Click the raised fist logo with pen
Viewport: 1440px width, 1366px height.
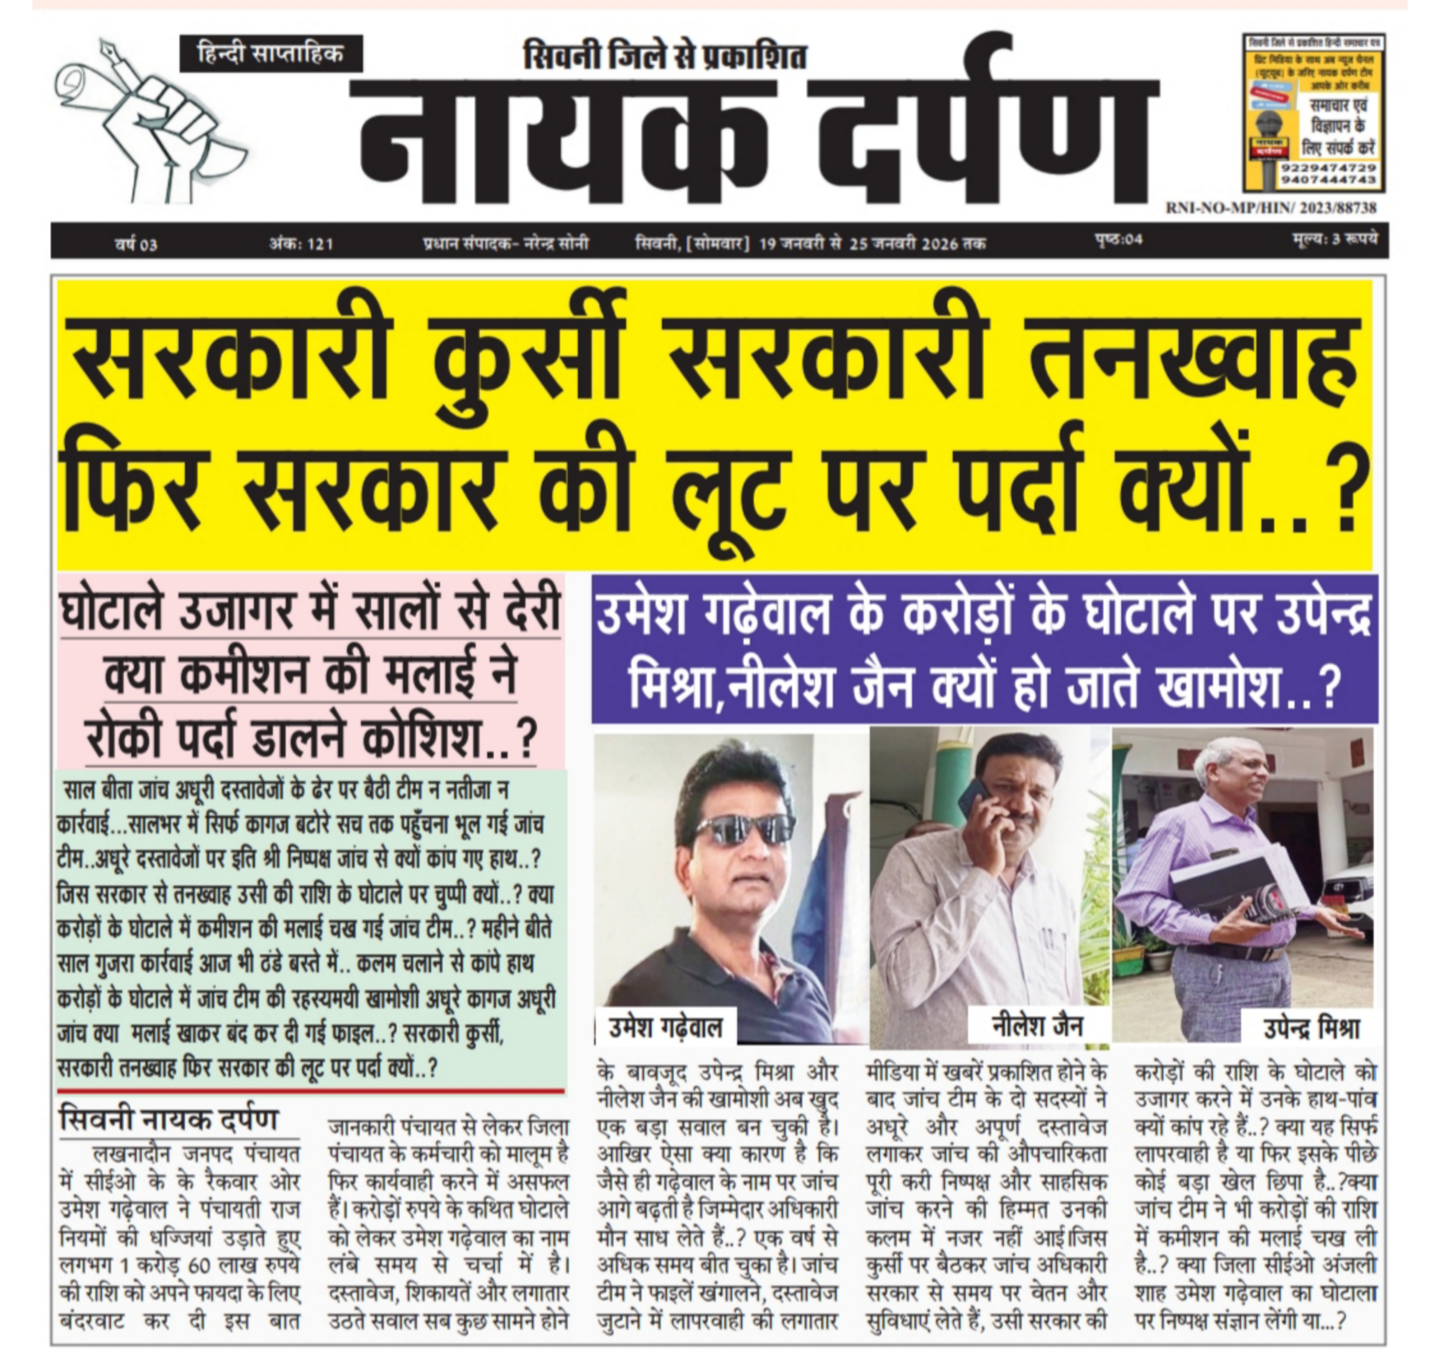149,120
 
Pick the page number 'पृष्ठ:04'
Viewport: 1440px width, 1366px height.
1118,239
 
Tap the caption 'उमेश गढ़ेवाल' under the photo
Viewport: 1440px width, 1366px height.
665,1027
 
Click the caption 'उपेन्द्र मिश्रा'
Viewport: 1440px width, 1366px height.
1310,1028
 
